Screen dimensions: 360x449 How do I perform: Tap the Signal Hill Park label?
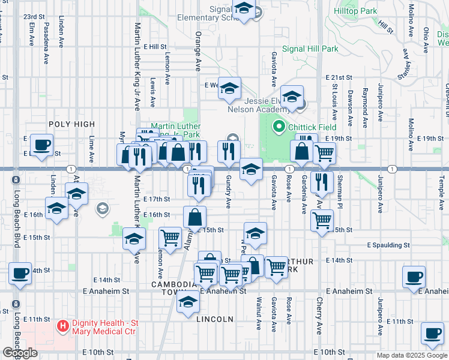click(x=310, y=49)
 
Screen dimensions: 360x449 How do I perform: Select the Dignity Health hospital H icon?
click(x=62, y=326)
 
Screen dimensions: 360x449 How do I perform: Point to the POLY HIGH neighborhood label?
click(x=72, y=124)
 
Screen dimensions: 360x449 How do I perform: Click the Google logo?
click(x=20, y=353)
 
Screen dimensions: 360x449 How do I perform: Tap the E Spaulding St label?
click(x=389, y=245)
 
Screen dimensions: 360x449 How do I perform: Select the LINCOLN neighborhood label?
click(x=215, y=319)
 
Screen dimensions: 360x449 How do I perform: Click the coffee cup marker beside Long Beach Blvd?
click(x=20, y=273)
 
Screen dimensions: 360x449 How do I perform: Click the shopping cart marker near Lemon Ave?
click(x=170, y=237)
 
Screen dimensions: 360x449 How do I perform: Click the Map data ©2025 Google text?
click(x=412, y=355)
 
